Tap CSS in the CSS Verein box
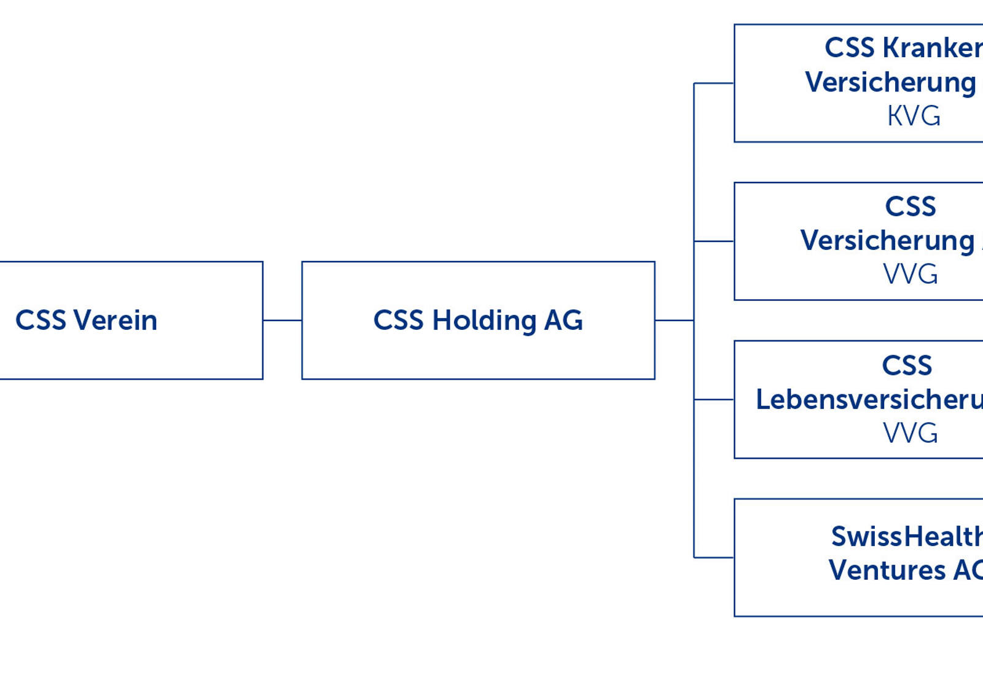(x=41, y=321)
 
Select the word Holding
(x=484, y=321)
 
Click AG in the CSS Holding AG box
(x=563, y=321)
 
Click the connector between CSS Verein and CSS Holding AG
(x=282, y=320)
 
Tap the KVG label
(x=913, y=116)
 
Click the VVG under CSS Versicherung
(x=910, y=274)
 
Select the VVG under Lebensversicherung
(x=910, y=433)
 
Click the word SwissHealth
(x=906, y=537)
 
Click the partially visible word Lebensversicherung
(x=869, y=400)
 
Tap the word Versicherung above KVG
(x=890, y=82)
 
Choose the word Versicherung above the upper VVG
(x=887, y=241)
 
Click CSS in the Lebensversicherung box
(x=907, y=366)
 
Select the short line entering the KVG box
(x=714, y=83)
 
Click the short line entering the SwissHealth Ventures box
(x=714, y=558)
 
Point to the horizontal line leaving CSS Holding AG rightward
(x=674, y=320)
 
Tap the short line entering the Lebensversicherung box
(x=714, y=399)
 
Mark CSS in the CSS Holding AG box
(x=398, y=321)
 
